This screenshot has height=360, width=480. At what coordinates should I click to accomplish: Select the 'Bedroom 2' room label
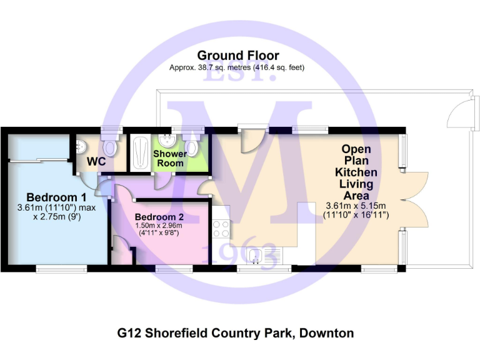[x=159, y=217]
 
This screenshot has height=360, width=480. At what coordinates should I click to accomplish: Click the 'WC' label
[x=96, y=161]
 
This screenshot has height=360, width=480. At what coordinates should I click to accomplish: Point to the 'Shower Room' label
[x=170, y=158]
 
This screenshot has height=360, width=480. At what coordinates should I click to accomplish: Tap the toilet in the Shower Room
[x=194, y=147]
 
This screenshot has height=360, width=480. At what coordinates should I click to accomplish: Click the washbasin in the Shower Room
[x=166, y=140]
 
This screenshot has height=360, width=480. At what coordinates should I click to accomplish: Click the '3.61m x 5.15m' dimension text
[x=356, y=206]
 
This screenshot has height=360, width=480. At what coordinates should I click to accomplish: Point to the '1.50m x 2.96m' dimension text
[x=159, y=227]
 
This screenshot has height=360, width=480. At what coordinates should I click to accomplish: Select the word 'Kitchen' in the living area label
[x=356, y=172]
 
